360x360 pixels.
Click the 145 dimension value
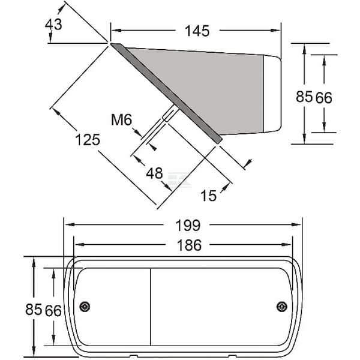(x=197, y=31)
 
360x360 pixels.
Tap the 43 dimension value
(x=53, y=25)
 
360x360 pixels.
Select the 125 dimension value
(x=88, y=140)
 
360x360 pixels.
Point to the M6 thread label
(x=121, y=119)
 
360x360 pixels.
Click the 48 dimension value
(x=155, y=173)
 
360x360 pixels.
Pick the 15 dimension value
(x=208, y=196)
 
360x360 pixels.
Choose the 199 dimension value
(x=188, y=226)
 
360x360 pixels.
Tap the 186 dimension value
(x=189, y=245)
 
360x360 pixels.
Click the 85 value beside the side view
(x=304, y=97)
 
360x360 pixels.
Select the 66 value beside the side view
(x=324, y=98)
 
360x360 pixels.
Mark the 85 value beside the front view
(x=34, y=309)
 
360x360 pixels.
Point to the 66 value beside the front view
(x=53, y=311)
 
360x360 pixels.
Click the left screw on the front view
(x=85, y=307)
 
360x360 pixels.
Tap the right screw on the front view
(x=282, y=307)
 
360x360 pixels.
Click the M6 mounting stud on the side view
(x=170, y=113)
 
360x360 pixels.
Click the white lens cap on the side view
(x=272, y=94)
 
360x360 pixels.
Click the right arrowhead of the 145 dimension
(x=276, y=31)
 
